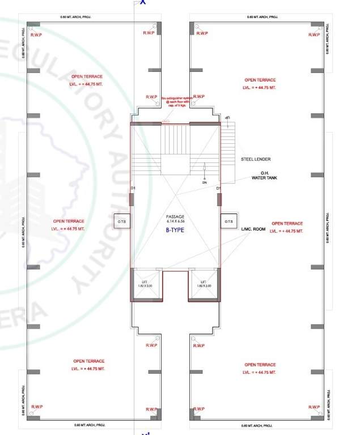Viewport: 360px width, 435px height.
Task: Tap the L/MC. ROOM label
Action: coord(253,229)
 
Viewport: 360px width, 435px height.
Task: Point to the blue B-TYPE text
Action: coord(176,231)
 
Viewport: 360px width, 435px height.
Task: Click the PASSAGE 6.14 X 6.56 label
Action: coord(176,220)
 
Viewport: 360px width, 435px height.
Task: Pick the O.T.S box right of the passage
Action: coord(228,221)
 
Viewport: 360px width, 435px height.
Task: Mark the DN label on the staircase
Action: coord(205,182)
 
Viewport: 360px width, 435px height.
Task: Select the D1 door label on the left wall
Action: coord(133,187)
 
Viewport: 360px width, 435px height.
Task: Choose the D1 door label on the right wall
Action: coord(218,187)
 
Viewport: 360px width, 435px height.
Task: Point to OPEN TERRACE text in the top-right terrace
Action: coord(260,80)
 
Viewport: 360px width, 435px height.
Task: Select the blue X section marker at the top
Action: coord(143,2)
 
